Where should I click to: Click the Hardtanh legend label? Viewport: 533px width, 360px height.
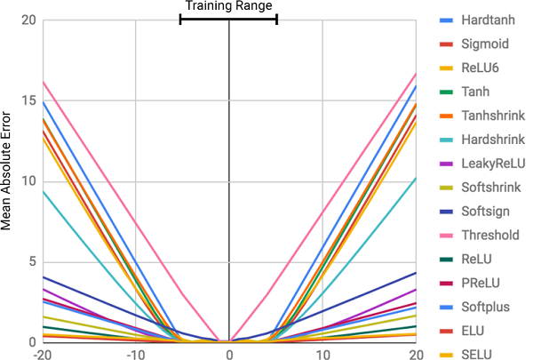click(488, 20)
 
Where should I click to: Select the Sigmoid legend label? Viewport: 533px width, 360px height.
click(485, 44)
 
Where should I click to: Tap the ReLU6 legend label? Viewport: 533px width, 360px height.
click(480, 68)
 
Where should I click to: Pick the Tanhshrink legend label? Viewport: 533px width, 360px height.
click(493, 116)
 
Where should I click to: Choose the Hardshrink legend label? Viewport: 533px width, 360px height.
click(493, 140)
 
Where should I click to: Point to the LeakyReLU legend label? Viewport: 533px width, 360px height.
click(493, 164)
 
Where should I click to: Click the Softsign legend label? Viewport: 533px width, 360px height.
click(485, 212)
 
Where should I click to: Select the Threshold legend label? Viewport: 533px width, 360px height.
click(490, 236)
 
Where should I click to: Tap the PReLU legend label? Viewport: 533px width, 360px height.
click(481, 283)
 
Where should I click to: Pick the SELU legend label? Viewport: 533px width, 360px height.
click(476, 354)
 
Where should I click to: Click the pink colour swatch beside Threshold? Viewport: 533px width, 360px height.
click(446, 236)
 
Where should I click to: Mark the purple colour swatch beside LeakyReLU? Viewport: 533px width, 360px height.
click(446, 164)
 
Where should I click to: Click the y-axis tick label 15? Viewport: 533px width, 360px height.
click(28, 100)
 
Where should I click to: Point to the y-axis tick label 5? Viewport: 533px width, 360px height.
click(32, 262)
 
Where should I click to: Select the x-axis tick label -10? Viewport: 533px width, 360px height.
click(136, 355)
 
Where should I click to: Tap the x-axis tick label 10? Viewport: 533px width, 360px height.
click(322, 355)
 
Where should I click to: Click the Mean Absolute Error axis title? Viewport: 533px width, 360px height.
click(6, 172)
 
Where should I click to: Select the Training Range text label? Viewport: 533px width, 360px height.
click(229, 5)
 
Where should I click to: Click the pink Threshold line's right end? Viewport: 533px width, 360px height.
click(416, 74)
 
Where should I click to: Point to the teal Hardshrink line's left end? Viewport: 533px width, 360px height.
click(44, 191)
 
